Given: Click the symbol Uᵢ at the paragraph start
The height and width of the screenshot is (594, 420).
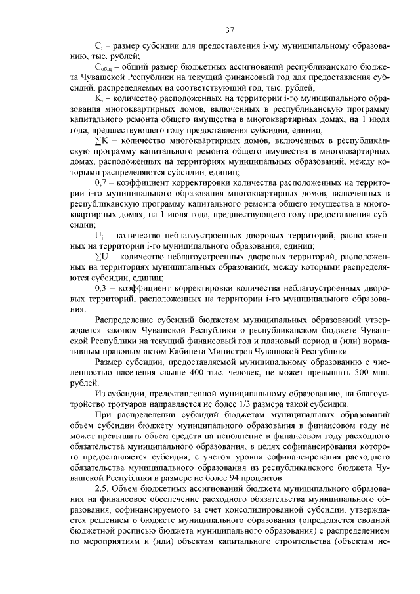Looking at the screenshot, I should click(x=100, y=234).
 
